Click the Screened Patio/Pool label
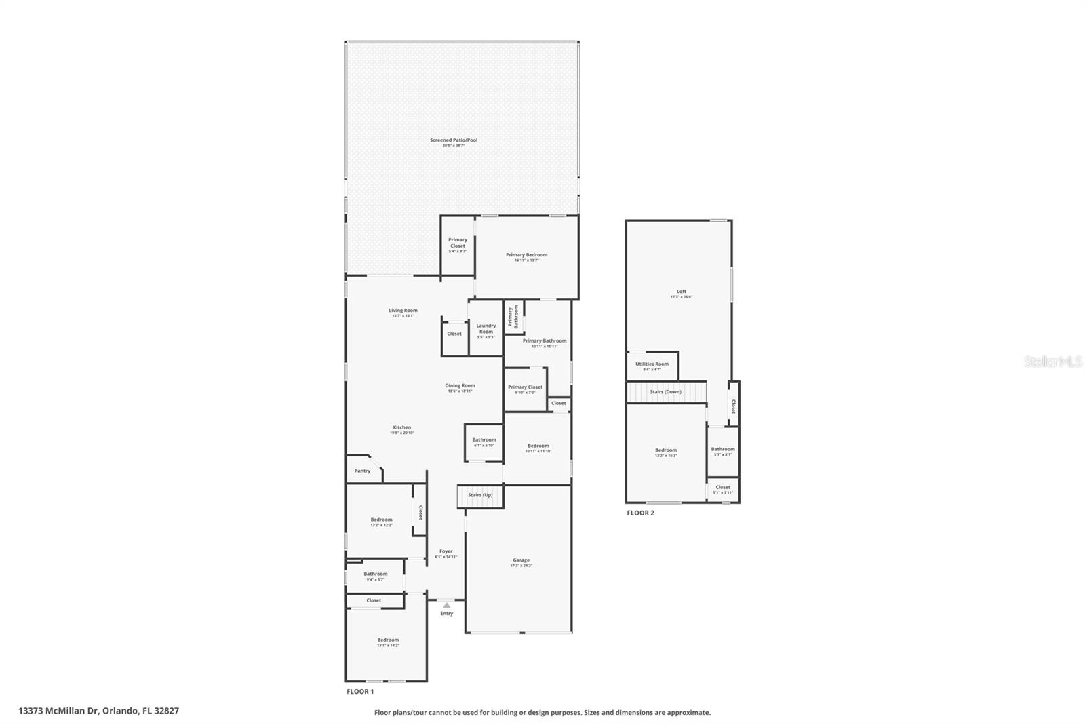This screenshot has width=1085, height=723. click(x=454, y=140)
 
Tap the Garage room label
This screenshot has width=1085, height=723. click(x=521, y=560)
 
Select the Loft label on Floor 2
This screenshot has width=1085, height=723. click(x=682, y=292)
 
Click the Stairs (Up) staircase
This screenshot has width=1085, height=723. click(x=480, y=496)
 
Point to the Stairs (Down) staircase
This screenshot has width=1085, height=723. click(x=666, y=392)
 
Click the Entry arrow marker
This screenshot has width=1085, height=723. click(x=446, y=605)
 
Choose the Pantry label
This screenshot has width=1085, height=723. click(x=362, y=471)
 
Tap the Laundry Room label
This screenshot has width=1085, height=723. click(x=486, y=328)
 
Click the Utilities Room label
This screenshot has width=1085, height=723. click(x=652, y=364)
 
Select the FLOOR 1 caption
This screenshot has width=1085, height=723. click(x=360, y=692)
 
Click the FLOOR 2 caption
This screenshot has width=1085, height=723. click(x=640, y=513)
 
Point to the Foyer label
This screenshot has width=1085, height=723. click(x=446, y=551)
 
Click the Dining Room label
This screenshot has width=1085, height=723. click(x=460, y=386)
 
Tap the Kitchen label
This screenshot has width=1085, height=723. click(x=401, y=427)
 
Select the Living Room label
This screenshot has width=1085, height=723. click(x=403, y=311)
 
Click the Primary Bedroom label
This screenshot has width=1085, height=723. click(x=526, y=255)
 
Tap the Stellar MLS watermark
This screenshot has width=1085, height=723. click(x=1052, y=362)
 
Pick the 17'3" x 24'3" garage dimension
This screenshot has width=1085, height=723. click(x=521, y=566)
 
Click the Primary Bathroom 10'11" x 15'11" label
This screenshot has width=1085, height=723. click(x=545, y=343)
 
